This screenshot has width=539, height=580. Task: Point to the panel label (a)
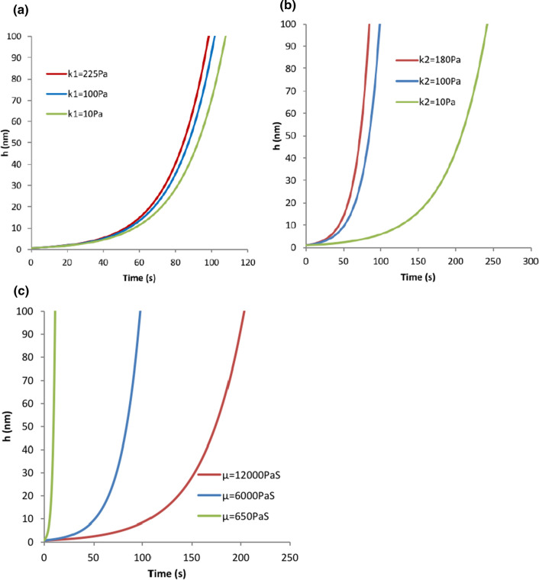pyautogui.click(x=12, y=8)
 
